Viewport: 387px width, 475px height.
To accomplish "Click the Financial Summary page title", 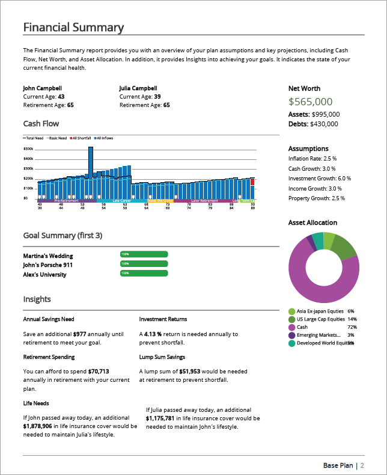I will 73,28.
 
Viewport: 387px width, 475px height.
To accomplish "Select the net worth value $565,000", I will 310,102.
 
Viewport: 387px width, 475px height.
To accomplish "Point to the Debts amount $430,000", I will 325,124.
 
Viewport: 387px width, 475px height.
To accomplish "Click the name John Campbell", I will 43,88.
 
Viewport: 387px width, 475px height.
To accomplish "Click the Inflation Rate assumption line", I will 312,158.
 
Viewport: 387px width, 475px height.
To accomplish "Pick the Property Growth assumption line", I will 317,198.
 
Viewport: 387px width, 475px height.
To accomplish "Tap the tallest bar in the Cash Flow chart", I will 90,171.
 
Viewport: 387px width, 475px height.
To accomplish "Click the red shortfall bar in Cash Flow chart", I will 253,182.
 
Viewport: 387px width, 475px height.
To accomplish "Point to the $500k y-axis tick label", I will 28,149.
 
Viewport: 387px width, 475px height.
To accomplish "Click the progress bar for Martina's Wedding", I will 144,254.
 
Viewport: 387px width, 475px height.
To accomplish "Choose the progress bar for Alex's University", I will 144,274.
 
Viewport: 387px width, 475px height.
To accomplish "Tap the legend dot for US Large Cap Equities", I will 292,319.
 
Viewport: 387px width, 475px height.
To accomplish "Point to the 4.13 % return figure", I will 153,334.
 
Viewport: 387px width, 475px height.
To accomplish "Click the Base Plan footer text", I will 338,465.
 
